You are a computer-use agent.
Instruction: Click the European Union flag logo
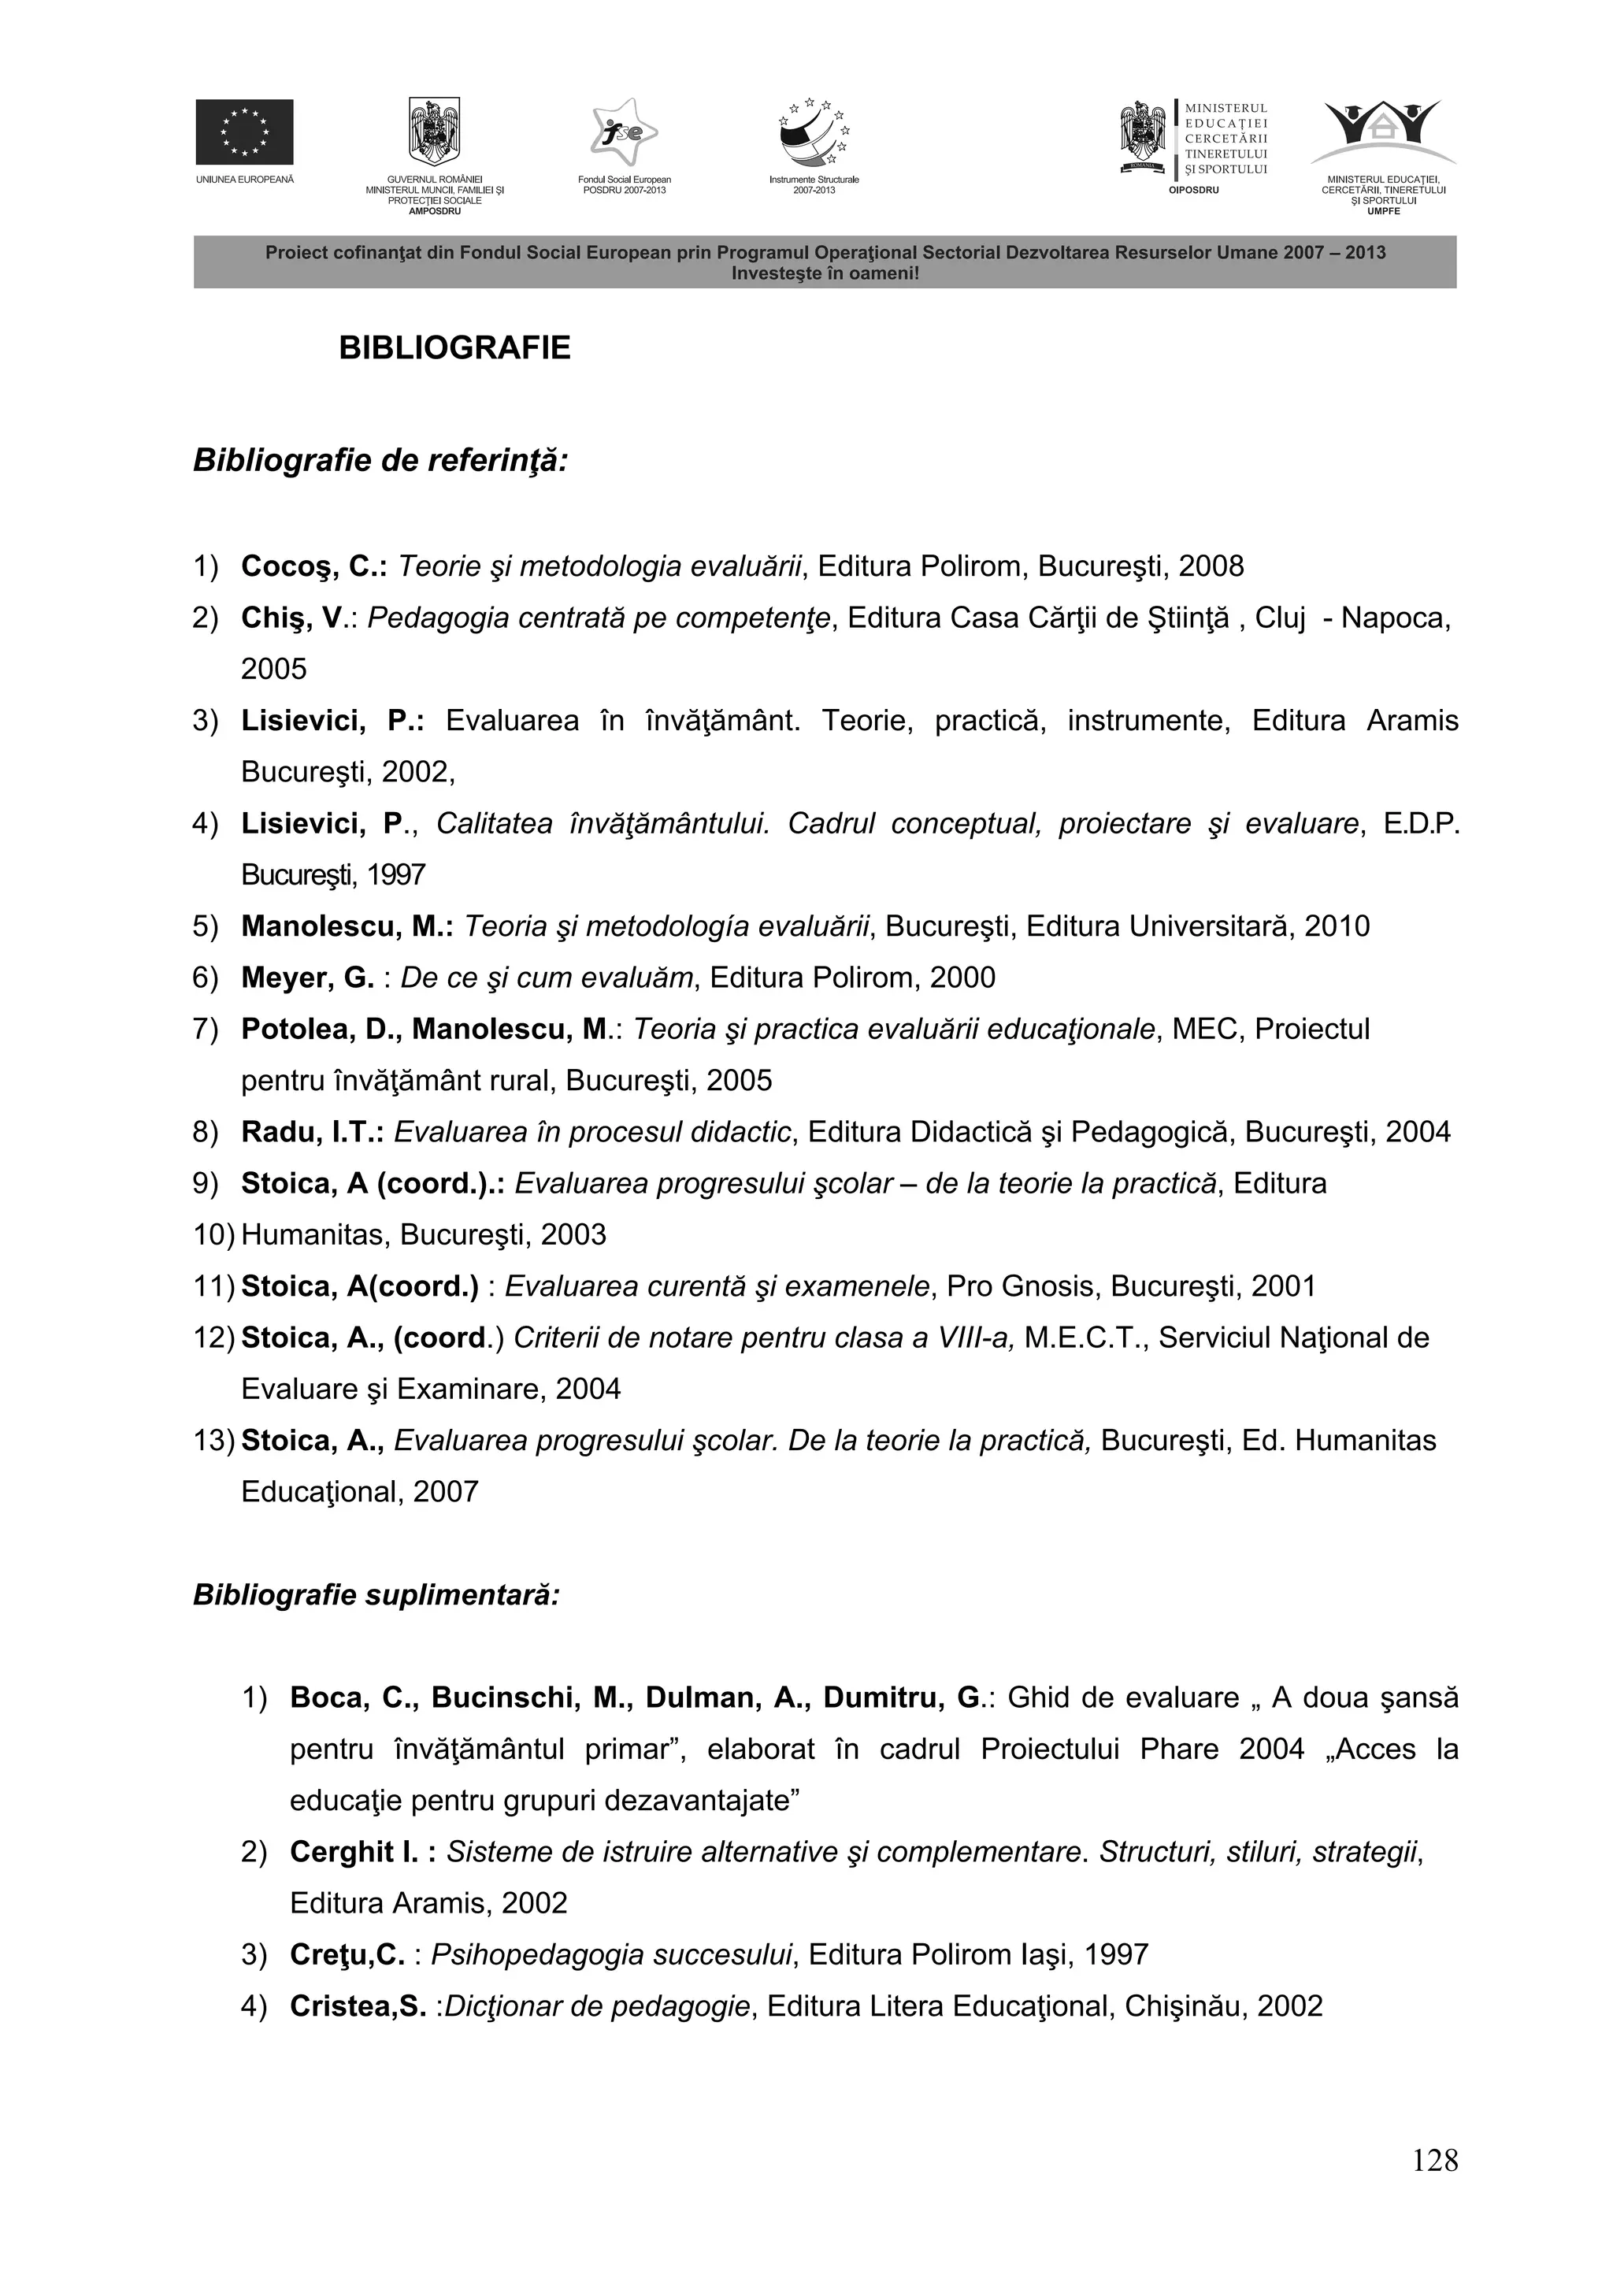pyautogui.click(x=243, y=132)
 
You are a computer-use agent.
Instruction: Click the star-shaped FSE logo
pyautogui.click(x=623, y=132)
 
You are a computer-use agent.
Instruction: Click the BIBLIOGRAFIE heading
pyautogui.click(x=454, y=348)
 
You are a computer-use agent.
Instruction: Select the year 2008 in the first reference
pyautogui.click(x=1211, y=566)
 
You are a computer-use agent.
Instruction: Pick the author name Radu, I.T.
pyautogui.click(x=312, y=1132)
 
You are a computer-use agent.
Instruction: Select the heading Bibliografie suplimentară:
pyautogui.click(x=376, y=1595)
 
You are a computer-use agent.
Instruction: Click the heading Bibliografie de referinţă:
pyautogui.click(x=380, y=461)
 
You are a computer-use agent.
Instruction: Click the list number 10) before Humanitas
pyautogui.click(x=213, y=1235)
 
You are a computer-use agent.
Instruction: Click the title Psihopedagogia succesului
pyautogui.click(x=611, y=1955)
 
